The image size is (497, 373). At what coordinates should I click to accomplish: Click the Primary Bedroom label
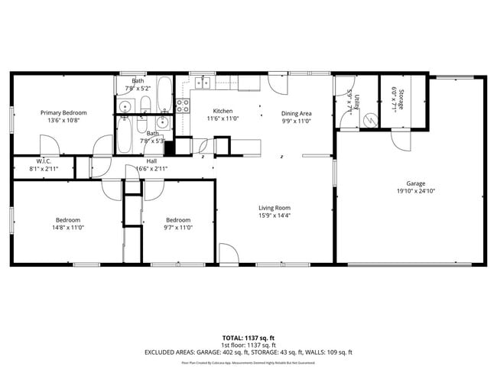click(64, 112)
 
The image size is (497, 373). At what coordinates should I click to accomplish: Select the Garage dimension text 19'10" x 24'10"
click(415, 192)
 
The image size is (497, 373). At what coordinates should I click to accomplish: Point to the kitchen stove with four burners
click(184, 106)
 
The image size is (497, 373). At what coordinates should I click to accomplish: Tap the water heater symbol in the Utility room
click(370, 120)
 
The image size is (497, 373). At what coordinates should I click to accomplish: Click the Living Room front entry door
click(229, 255)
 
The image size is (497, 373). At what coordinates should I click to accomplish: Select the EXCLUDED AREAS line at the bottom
click(248, 352)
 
